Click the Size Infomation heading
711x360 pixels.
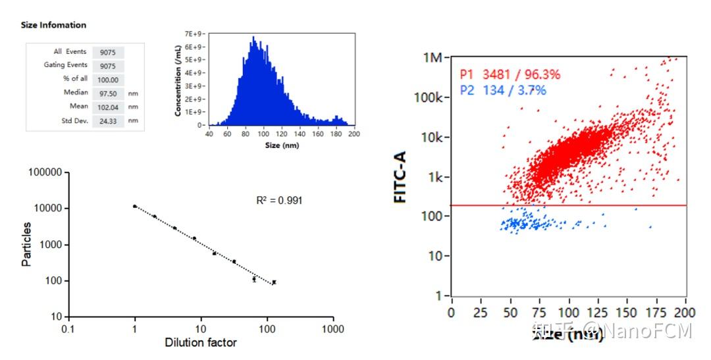(53, 25)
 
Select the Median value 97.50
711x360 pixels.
(108, 93)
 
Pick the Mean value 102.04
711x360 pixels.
(108, 107)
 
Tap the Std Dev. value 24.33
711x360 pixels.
(108, 120)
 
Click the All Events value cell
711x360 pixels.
(108, 52)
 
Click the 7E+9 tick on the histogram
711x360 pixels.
(192, 33)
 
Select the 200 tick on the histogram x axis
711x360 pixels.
(353, 134)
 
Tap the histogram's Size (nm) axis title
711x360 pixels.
(281, 145)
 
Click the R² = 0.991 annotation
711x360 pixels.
(279, 200)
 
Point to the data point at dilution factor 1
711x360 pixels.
(135, 207)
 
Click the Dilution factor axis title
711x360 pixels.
(201, 342)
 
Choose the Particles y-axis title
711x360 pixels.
(26, 245)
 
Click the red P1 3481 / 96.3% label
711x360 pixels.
(509, 75)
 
